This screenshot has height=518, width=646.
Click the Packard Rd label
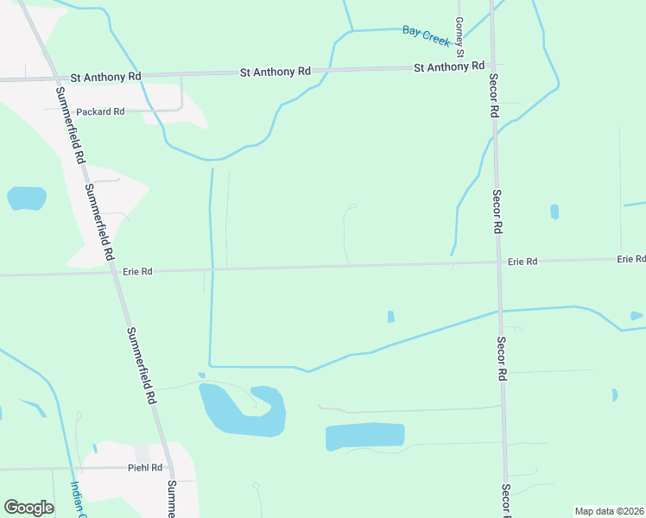(100, 112)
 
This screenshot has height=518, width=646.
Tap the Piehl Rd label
(144, 468)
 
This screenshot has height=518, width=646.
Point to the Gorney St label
(460, 37)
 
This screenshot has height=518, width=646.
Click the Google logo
(28, 508)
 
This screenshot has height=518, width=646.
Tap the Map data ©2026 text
(609, 511)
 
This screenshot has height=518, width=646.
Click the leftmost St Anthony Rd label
(105, 77)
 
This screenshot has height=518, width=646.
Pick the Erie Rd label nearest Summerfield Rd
(136, 271)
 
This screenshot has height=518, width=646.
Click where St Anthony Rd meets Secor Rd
(491, 65)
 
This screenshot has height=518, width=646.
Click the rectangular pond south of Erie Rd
(364, 436)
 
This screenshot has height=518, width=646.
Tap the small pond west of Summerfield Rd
(26, 199)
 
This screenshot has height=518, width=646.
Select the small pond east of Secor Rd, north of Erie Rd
(554, 212)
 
